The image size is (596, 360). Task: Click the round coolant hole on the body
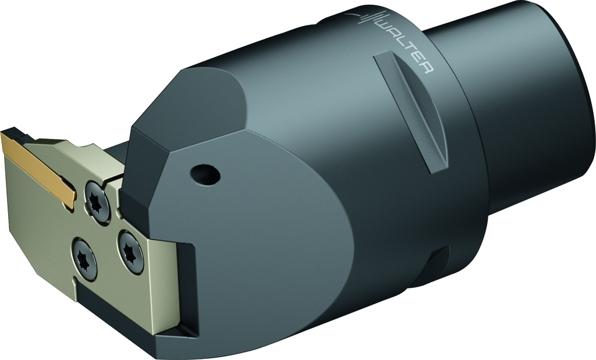point(205,174)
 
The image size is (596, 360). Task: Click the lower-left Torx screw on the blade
point(84,258)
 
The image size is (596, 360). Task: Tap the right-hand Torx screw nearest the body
point(131,251)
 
